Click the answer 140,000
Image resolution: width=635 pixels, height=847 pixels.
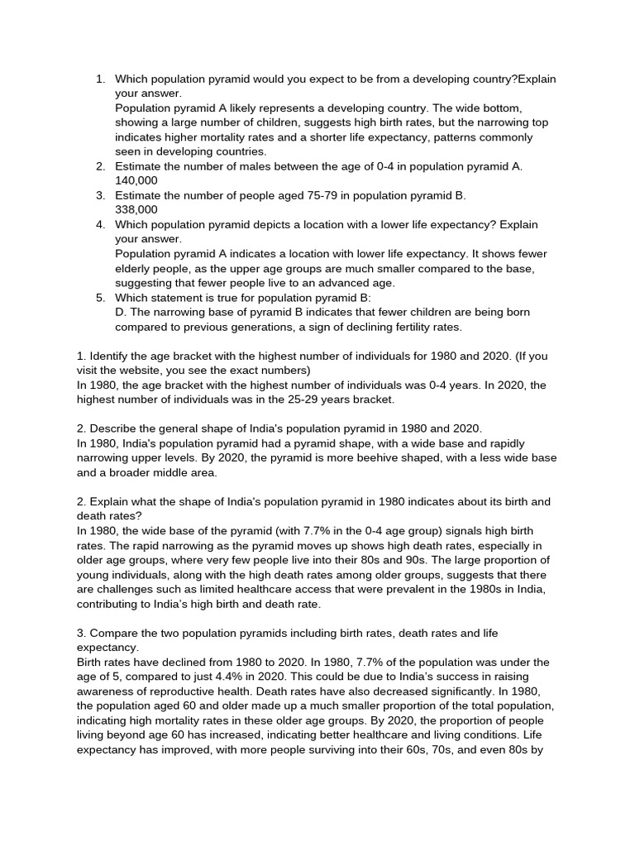click(136, 180)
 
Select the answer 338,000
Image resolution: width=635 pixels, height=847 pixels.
click(136, 210)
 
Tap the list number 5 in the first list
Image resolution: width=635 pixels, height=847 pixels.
click(100, 298)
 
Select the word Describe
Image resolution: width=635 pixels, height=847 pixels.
click(116, 428)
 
